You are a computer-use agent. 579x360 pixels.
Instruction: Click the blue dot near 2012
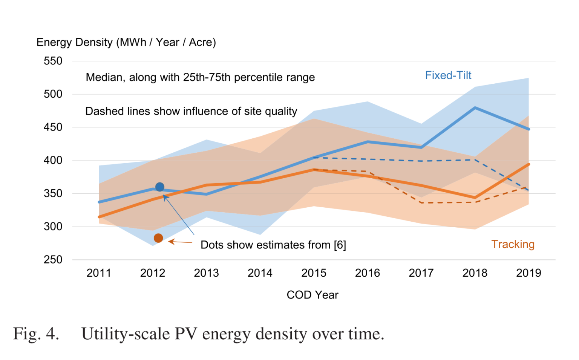[x=160, y=187]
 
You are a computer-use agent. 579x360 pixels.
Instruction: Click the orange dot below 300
[x=158, y=238]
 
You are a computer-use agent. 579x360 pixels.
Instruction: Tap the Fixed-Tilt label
[x=448, y=75]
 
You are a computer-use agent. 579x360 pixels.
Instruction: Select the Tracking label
[x=512, y=244]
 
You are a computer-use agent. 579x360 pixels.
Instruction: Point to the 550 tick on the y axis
[x=53, y=61]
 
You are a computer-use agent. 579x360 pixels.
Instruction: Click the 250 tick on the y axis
[x=53, y=260]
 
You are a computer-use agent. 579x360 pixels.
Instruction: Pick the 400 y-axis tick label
[x=53, y=161]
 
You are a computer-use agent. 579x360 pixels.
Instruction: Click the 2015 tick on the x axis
[x=314, y=273]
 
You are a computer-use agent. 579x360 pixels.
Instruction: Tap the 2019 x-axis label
[x=528, y=273]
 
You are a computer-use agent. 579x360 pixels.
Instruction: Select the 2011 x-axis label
[x=99, y=273]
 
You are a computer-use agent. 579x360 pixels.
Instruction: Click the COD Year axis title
[x=312, y=295]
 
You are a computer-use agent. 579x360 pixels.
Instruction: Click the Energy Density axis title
[x=126, y=42]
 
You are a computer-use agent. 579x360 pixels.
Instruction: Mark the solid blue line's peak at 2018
[x=475, y=108]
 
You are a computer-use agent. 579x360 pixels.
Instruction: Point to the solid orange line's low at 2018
[x=475, y=198]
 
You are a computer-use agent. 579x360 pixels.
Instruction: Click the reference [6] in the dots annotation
[x=340, y=245]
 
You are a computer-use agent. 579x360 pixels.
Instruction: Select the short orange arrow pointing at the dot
[x=180, y=242]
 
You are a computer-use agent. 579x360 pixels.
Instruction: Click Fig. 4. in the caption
[x=36, y=334]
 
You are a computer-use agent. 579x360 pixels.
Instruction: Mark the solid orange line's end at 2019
[x=528, y=164]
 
